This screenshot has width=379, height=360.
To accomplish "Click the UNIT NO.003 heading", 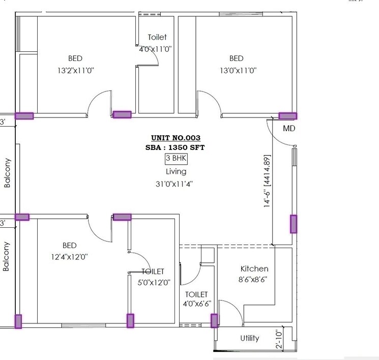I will tap(176, 138).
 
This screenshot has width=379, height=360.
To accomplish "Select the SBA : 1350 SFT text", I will tap(176, 147).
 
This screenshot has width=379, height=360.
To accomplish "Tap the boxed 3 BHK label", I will tap(176, 159).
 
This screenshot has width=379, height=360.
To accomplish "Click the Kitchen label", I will tap(254, 268).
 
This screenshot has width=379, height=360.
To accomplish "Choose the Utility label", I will tap(249, 338).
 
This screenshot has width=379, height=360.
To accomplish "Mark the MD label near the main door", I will tap(289, 129).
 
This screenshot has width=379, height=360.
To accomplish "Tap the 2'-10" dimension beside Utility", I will tap(278, 339).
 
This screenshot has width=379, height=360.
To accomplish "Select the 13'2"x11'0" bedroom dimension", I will tap(75, 71).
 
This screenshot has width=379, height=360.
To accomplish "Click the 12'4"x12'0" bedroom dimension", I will tap(70, 257).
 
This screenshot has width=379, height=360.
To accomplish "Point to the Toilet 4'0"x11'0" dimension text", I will tap(156, 49).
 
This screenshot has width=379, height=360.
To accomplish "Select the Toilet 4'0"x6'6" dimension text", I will tap(196, 305).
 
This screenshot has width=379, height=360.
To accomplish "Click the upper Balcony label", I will tap(7, 173).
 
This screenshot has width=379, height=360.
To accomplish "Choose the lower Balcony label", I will tap(7, 256).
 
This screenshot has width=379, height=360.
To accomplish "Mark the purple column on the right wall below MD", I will tap(294, 224).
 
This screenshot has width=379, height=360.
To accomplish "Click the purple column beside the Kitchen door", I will tap(214, 320).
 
